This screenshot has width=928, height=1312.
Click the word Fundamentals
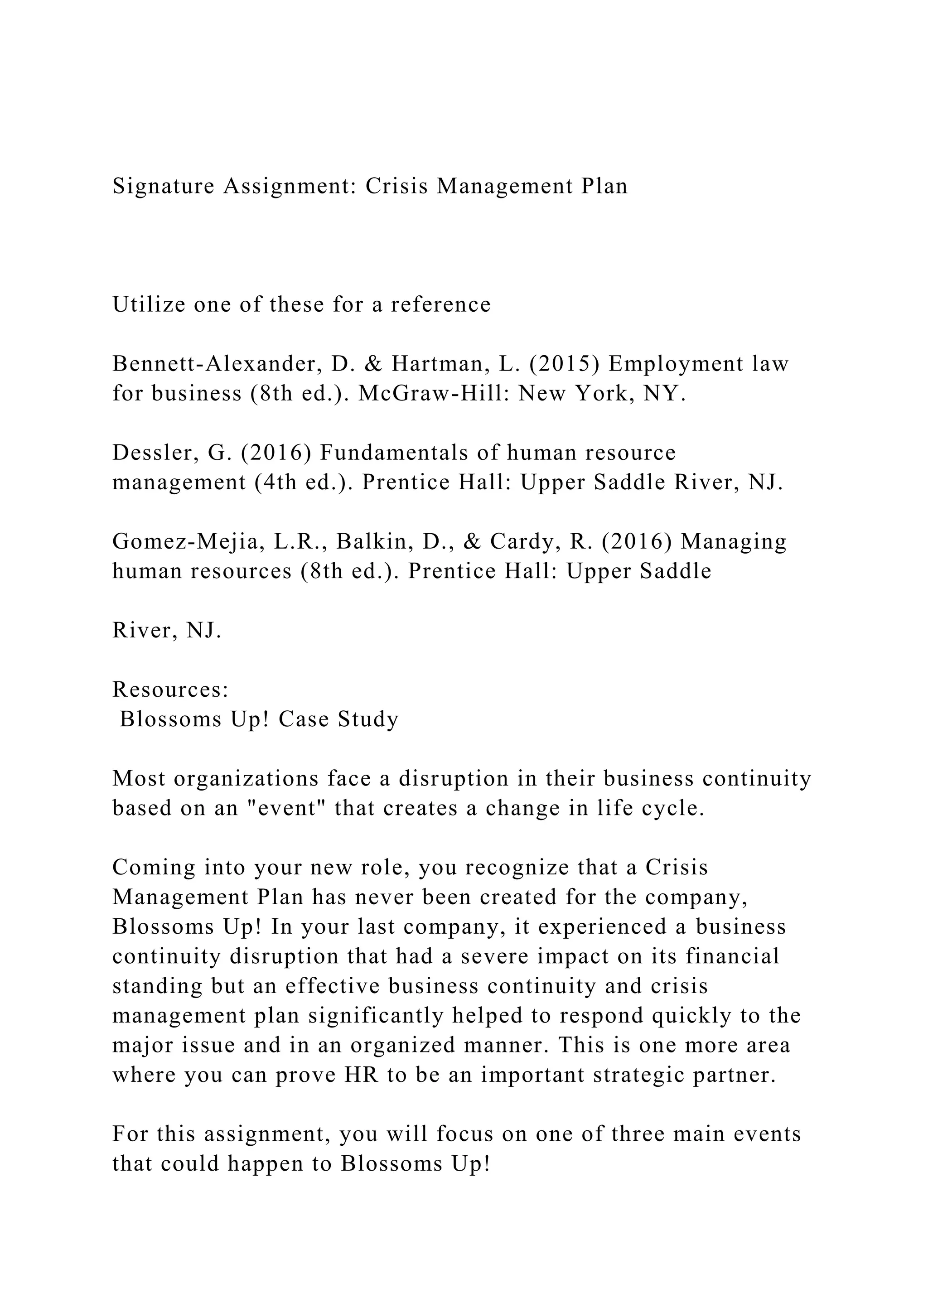tap(394, 453)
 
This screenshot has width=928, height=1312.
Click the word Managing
tap(733, 542)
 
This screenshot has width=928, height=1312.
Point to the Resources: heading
tap(171, 690)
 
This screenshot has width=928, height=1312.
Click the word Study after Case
tap(368, 719)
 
